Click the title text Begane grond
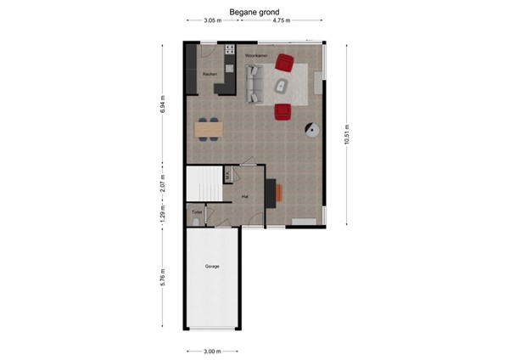254,13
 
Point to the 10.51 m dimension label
347,133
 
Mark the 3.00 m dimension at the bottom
212,350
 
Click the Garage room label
212,267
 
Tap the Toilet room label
197,211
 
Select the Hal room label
244,196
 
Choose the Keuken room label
210,75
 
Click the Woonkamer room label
257,55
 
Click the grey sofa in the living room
253,83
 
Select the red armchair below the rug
282,111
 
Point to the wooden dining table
209,129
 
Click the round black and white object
312,130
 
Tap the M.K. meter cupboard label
228,175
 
